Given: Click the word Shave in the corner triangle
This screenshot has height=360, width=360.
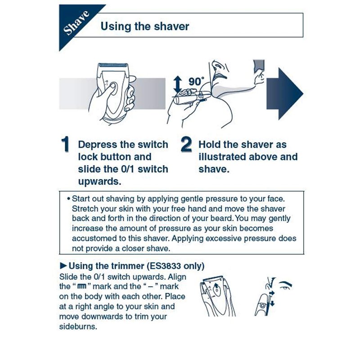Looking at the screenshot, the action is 76,23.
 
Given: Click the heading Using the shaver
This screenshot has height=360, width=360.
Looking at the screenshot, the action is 145,26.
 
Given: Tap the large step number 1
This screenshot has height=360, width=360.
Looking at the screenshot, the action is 65,144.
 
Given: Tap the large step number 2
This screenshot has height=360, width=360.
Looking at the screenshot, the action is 186,144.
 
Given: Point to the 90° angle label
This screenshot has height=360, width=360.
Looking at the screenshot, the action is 196,81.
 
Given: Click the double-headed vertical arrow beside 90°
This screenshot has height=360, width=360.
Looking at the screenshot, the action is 177,85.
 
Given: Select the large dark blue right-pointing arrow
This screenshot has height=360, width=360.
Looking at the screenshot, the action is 285,94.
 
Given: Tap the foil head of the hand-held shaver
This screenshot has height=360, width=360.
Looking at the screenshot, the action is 113,65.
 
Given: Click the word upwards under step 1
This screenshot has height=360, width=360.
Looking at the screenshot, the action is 99,181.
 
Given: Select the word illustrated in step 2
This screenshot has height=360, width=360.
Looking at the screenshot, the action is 222,157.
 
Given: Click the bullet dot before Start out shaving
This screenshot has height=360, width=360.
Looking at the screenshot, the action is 68,198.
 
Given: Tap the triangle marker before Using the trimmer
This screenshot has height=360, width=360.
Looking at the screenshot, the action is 63,266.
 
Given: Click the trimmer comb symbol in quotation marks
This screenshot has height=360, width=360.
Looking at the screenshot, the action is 82,286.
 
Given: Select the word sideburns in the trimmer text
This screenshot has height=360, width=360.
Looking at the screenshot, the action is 78,327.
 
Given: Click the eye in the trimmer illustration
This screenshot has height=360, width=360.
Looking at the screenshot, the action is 285,288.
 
